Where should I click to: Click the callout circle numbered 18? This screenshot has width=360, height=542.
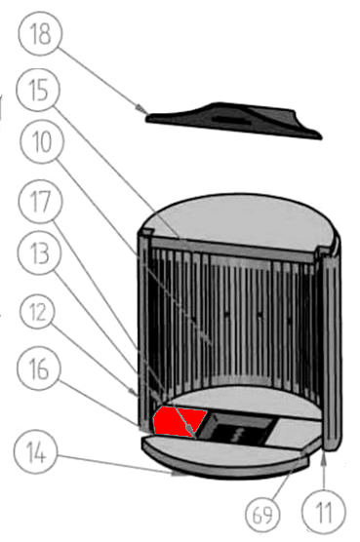coord(41,33)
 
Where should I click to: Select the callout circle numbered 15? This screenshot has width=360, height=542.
coord(38,90)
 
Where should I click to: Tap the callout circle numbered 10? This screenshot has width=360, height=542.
coord(42,141)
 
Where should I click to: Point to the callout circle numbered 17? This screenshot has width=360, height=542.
coord(41,201)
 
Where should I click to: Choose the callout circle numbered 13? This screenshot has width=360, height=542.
coord(40,252)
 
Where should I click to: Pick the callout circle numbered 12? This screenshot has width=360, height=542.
coord(37,312)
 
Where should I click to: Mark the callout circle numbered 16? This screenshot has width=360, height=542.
coord(39,368)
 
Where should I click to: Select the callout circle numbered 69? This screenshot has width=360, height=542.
coord(262,515)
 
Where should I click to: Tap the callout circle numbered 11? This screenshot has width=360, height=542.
coord(323,512)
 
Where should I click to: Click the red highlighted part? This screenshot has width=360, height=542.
coord(179,421)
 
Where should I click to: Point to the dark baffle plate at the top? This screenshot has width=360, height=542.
coord(234,120)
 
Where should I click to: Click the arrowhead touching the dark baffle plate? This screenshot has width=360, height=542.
coord(141,109)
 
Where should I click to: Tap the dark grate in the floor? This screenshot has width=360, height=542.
coord(238,429)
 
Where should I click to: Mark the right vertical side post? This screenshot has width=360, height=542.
coord(331,349)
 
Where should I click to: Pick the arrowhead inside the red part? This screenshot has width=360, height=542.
coord(190,430)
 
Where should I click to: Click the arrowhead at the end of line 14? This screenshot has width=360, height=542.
coord(179,474)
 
